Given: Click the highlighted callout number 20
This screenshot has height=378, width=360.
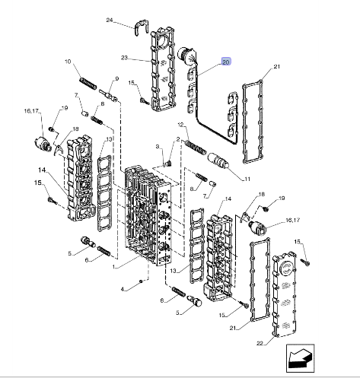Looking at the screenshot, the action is [x=226, y=62].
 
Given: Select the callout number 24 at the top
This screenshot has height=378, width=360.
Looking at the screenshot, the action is [x=110, y=20].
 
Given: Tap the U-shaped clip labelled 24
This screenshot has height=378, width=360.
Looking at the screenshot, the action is [x=141, y=27].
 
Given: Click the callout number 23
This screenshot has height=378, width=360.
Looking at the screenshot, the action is [x=124, y=58].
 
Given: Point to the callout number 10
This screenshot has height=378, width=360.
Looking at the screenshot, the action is [x=68, y=62].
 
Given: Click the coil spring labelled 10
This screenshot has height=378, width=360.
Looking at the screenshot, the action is [x=88, y=84].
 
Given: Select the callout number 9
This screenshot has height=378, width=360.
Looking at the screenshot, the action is [x=117, y=78].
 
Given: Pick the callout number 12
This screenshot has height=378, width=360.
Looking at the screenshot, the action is [x=180, y=125].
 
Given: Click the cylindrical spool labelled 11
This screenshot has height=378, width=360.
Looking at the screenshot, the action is [x=218, y=160].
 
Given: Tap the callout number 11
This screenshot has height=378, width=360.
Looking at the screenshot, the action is [x=247, y=179].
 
